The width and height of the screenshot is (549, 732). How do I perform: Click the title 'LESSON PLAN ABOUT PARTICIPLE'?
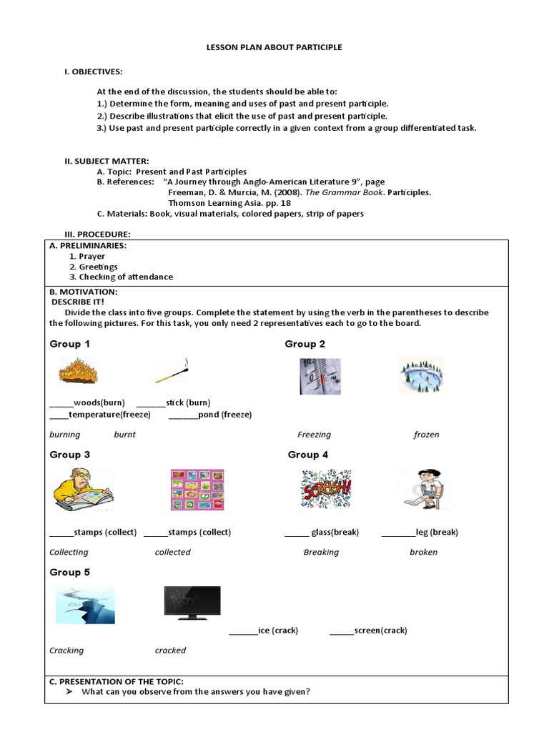pos(274,47)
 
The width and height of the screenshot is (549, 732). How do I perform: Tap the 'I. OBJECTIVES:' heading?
pos(94,72)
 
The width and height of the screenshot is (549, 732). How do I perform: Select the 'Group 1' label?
pos(70,344)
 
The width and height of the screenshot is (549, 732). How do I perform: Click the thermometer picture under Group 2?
pos(320,376)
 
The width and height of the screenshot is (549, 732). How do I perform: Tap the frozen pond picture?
pos(421,375)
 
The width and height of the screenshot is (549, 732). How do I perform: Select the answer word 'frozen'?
pos(426,435)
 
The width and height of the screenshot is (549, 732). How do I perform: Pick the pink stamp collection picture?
pos(197,490)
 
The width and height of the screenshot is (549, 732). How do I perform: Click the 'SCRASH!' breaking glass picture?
pos(326,489)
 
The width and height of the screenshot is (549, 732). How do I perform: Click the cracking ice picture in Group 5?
pos(85,604)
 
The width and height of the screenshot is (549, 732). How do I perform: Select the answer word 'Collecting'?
pos(69,552)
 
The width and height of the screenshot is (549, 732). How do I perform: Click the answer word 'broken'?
pos(423,552)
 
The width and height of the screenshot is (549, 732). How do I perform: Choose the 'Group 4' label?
pos(308,455)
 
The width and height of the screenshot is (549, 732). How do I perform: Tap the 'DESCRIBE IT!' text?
pos(77,302)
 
